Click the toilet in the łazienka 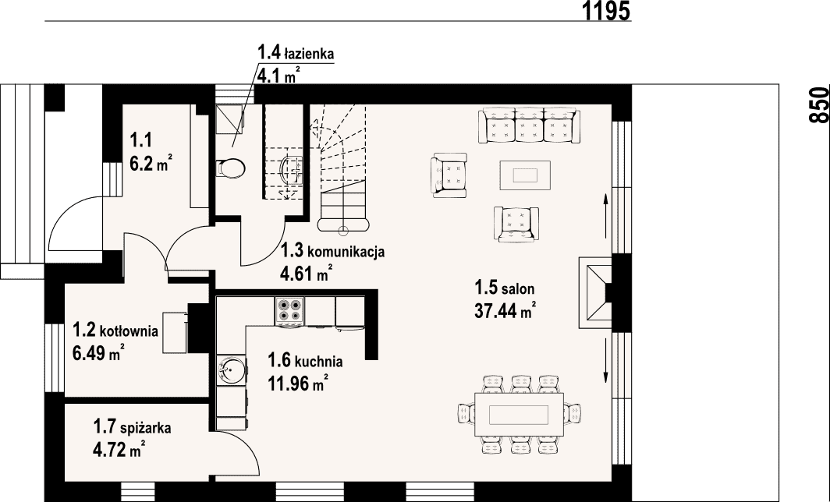(231, 168)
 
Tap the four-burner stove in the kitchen (289, 310)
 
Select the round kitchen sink (231, 369)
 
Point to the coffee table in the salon (525, 175)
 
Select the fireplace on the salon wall (596, 292)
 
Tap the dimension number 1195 (607, 11)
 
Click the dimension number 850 (819, 105)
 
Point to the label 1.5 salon (505, 288)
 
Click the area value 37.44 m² (505, 310)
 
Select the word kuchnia (318, 362)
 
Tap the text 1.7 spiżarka (132, 426)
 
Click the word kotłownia (129, 331)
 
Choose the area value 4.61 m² (307, 274)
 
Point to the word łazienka (309, 54)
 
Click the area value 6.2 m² (151, 164)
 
